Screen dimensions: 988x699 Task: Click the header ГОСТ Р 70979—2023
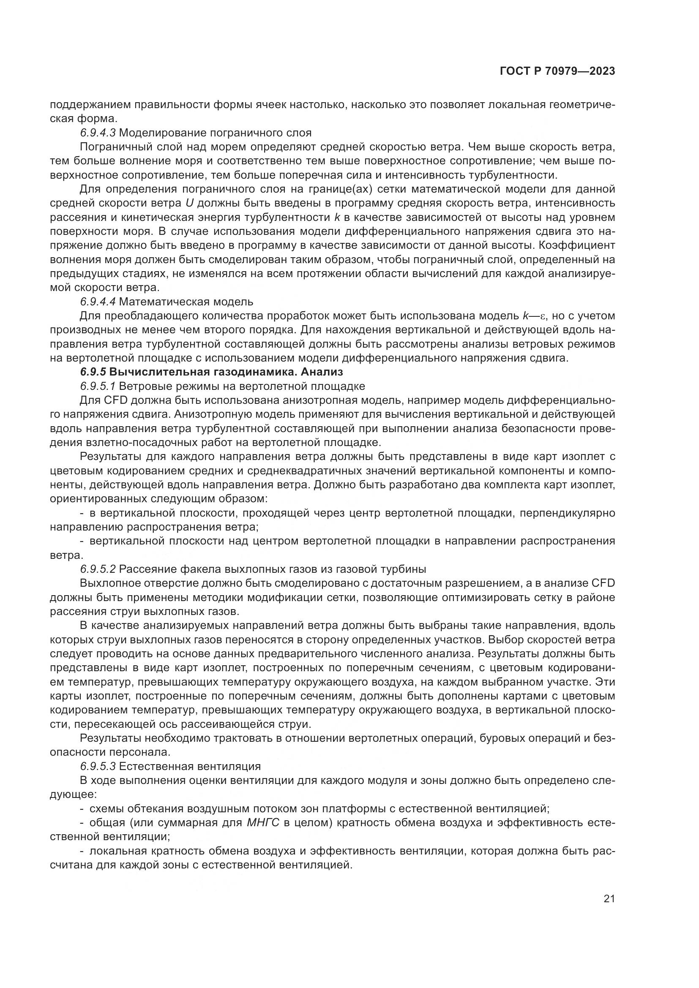point(557,71)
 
